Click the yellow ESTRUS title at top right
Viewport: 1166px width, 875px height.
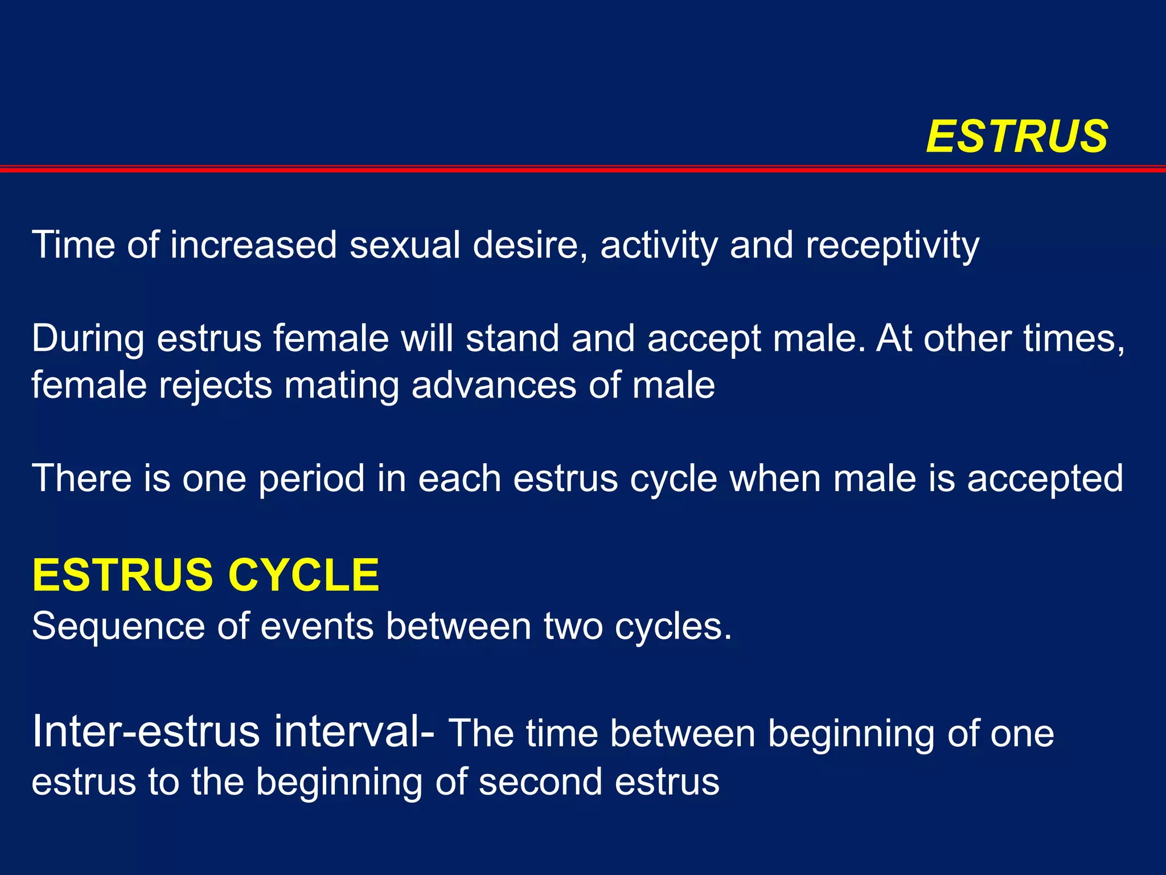[1017, 137]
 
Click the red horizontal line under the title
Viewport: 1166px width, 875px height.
[583, 169]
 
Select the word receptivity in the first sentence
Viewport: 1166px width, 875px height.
[892, 246]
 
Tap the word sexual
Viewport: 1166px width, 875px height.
[405, 245]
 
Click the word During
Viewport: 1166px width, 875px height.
[88, 338]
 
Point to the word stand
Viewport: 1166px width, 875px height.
[512, 338]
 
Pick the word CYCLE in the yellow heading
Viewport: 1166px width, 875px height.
[303, 575]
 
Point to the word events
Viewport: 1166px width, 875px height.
[317, 627]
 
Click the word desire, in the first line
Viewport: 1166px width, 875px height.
[530, 245]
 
